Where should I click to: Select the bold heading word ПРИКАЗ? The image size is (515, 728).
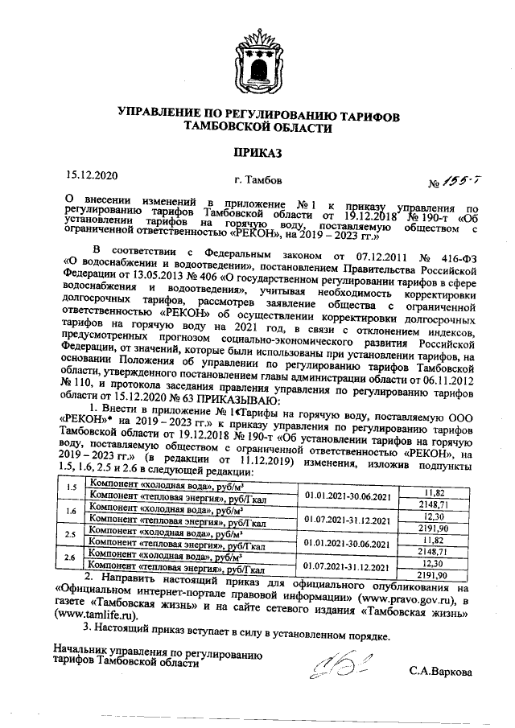(x=257, y=151)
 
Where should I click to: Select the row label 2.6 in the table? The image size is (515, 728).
(x=70, y=557)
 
